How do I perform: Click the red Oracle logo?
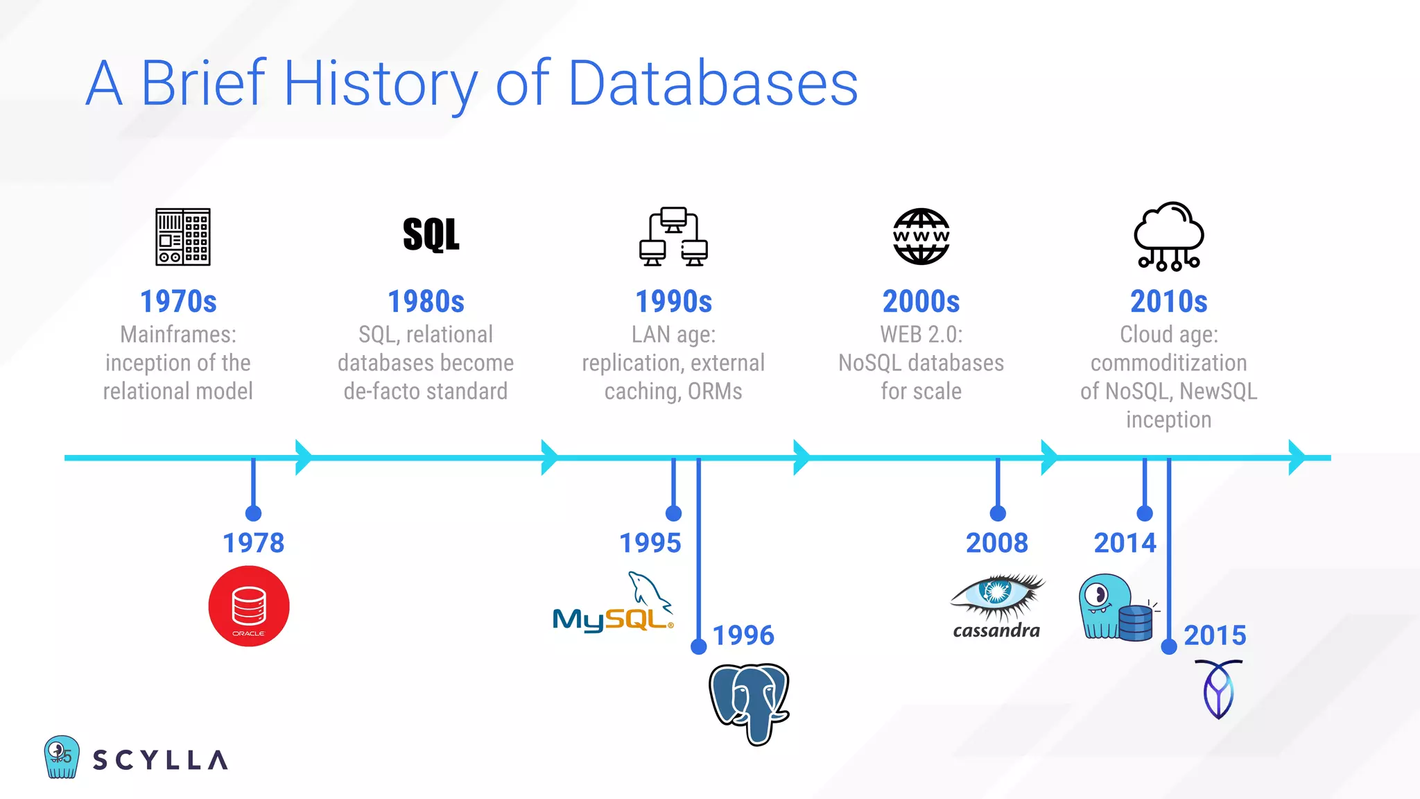tap(249, 606)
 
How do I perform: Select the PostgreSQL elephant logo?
tap(749, 703)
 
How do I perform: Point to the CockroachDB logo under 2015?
tap(1218, 689)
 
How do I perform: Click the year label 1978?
tap(253, 543)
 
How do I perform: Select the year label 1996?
tap(743, 635)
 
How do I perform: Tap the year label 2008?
tap(997, 543)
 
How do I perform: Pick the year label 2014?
tap(1125, 543)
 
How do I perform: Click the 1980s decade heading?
tap(426, 302)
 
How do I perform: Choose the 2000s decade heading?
tap(921, 302)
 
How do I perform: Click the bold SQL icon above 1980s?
tap(431, 235)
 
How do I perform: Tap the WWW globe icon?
tap(921, 237)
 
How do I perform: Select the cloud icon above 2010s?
tap(1169, 236)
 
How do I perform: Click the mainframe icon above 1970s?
tap(183, 237)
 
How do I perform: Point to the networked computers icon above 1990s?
tap(673, 237)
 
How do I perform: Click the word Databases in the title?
tap(713, 83)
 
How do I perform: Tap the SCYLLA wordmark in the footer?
tap(160, 760)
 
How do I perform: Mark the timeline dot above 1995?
tap(673, 513)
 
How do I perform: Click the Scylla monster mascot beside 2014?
tap(1115, 607)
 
